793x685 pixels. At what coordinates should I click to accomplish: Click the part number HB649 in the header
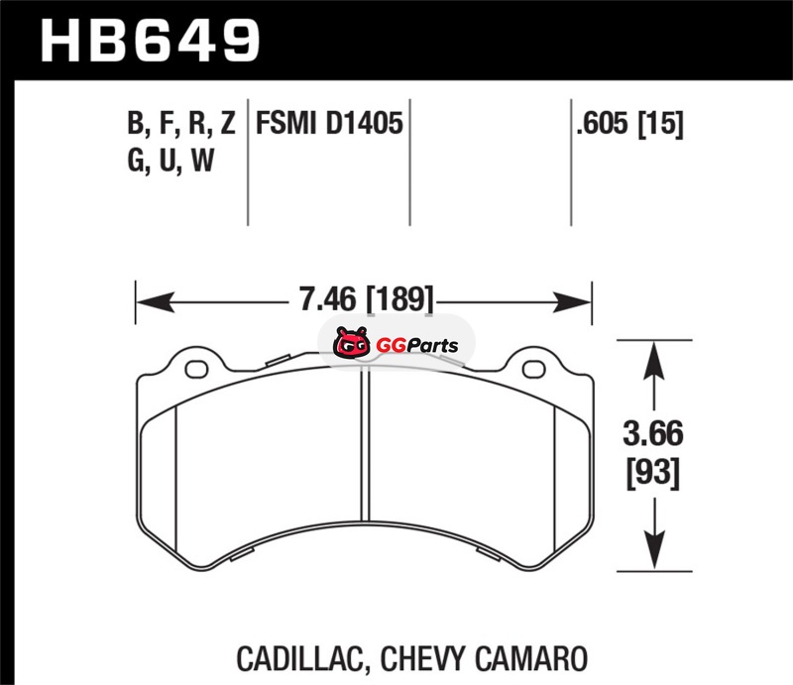151,41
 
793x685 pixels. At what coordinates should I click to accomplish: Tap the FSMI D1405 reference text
329,124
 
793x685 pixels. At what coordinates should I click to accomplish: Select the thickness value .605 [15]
629,124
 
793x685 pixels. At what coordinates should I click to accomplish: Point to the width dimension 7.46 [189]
367,299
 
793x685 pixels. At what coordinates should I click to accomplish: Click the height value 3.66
653,433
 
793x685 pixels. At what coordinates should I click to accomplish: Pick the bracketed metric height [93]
653,473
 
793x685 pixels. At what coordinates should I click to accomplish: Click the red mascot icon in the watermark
351,343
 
